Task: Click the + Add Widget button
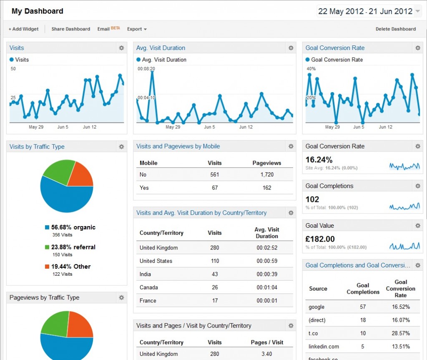(x=23, y=29)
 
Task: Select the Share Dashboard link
(x=70, y=29)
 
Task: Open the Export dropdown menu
(x=137, y=29)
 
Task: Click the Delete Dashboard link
(x=395, y=29)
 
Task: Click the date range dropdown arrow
(x=418, y=12)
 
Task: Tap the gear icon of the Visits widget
(x=121, y=48)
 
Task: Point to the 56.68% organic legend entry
(x=70, y=227)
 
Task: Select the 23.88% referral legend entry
(x=70, y=247)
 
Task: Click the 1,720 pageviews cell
(x=267, y=174)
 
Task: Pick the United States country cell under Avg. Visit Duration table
(x=156, y=261)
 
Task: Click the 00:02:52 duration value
(x=267, y=248)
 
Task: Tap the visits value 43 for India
(x=215, y=274)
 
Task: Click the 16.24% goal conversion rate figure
(x=319, y=160)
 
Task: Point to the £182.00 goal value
(x=320, y=239)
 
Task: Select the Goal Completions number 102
(x=312, y=199)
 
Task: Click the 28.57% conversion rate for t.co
(x=400, y=333)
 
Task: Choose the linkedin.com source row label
(x=324, y=346)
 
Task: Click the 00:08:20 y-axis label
(x=146, y=69)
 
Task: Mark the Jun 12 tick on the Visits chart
(x=90, y=127)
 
